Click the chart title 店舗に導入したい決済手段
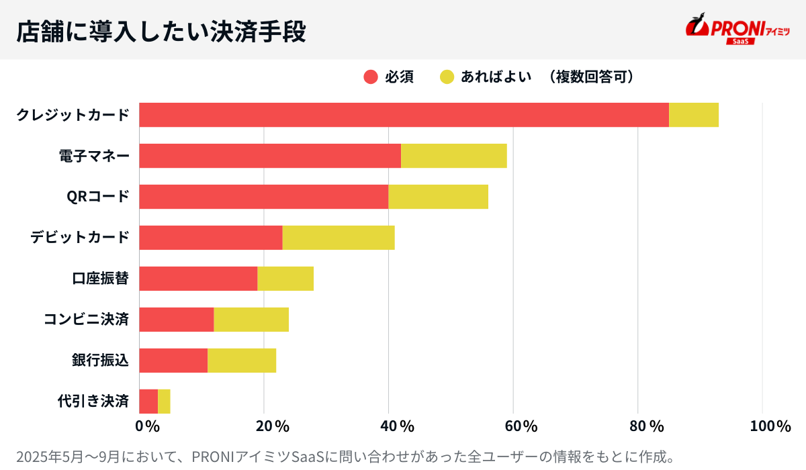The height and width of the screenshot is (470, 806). click(x=161, y=31)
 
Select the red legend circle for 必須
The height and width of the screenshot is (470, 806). click(x=371, y=77)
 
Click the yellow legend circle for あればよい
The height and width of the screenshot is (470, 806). click(x=447, y=77)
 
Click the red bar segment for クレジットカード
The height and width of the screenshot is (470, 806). click(x=404, y=115)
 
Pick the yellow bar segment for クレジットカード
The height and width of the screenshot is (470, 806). click(x=694, y=115)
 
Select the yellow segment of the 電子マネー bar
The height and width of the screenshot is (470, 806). click(x=453, y=156)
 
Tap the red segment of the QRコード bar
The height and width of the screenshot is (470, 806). click(x=263, y=197)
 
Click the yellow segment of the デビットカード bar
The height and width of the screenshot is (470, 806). click(x=339, y=238)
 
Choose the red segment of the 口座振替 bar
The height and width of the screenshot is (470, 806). click(x=198, y=279)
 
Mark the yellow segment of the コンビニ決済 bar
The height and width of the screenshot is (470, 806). click(x=251, y=320)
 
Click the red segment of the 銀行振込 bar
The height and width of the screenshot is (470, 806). click(x=173, y=361)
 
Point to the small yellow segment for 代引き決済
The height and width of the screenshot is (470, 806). click(x=164, y=402)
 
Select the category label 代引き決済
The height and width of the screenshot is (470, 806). click(x=93, y=402)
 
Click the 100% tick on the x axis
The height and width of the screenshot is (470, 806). click(x=770, y=426)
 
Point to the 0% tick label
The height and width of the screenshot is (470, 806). click(x=146, y=426)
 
